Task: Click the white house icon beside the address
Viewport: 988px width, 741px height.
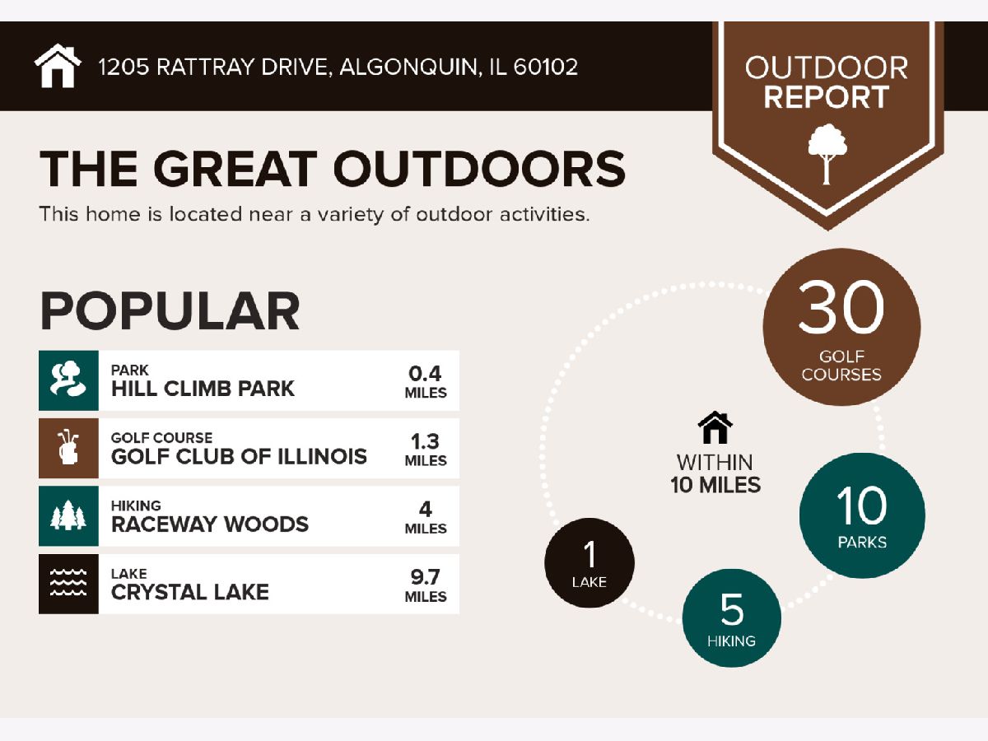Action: pos(58,66)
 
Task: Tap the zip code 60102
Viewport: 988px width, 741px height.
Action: pos(546,67)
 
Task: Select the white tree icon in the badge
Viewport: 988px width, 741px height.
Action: pos(827,154)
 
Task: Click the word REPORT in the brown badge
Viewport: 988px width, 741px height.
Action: pos(827,96)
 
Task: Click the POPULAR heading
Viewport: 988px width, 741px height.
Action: pos(170,311)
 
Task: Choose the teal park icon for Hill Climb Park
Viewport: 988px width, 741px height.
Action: pos(68,380)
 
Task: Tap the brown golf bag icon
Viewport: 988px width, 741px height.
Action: pos(68,448)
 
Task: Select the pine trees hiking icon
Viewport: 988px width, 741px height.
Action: pos(68,516)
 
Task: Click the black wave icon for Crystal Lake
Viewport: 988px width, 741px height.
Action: pos(68,584)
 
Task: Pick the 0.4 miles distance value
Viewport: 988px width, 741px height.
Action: pos(426,374)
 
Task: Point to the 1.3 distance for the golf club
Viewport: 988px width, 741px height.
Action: pos(426,441)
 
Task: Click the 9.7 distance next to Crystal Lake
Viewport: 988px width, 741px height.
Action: pos(426,577)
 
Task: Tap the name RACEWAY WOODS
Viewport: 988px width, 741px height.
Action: pos(210,524)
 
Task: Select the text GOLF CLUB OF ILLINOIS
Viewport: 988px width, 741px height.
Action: pos(239,457)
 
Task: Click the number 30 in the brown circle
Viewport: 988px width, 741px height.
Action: pos(841,307)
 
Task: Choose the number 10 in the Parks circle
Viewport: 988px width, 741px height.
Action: pos(861,506)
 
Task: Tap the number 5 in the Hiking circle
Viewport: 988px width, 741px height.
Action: pos(732,609)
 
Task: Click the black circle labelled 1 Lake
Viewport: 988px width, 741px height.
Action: pos(590,563)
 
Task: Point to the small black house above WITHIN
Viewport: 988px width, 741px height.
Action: pos(715,427)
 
